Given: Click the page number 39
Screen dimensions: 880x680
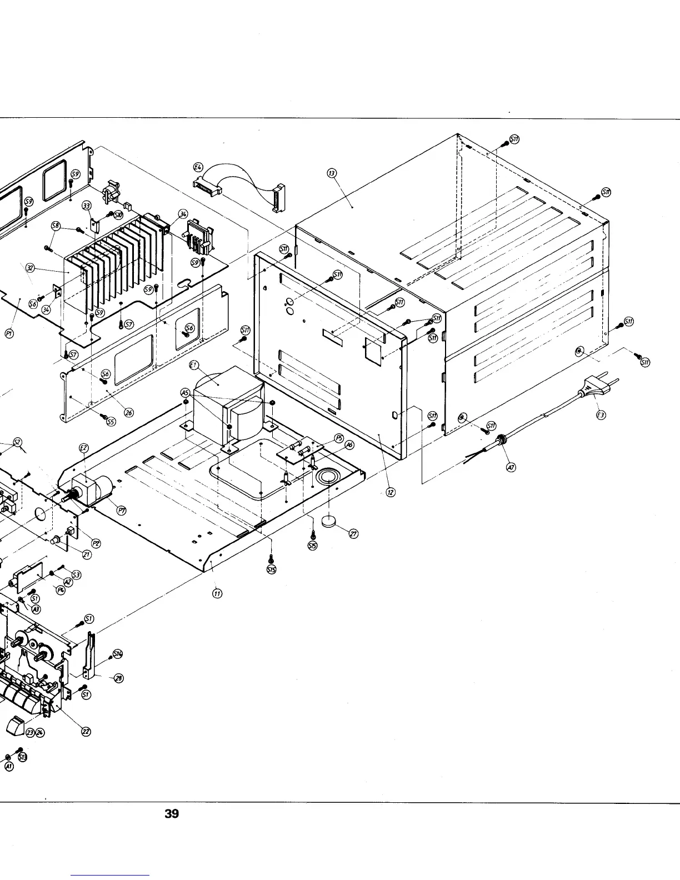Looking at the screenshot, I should (x=172, y=814).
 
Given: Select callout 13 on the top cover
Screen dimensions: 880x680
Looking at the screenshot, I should (x=332, y=174).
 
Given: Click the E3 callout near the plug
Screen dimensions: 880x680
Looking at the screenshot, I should (x=600, y=416).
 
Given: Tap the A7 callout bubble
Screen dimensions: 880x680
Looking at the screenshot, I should (x=511, y=467).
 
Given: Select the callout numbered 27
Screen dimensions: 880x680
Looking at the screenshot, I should (x=353, y=534).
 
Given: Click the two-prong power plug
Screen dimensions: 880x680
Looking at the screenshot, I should (x=592, y=387).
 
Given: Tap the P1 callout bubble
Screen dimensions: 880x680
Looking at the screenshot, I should (x=9, y=333).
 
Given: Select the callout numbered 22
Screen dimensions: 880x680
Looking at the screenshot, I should (x=86, y=732).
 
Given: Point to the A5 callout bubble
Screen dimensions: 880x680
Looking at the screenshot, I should (x=186, y=393).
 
